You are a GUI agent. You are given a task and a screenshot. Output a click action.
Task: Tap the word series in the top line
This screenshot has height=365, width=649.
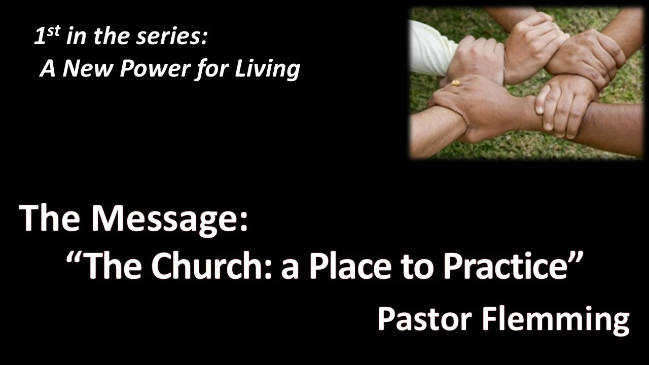[x=169, y=37]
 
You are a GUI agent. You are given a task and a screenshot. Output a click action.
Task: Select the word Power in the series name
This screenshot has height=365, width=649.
[x=155, y=69]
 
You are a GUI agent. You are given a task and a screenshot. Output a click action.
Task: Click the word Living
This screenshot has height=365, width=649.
[x=267, y=69]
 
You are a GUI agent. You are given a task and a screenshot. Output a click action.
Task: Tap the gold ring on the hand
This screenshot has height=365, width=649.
[x=455, y=83]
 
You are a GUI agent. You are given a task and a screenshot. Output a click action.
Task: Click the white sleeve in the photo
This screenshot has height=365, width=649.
[x=429, y=49]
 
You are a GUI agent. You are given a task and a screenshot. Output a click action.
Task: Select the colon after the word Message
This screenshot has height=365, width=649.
[x=244, y=223]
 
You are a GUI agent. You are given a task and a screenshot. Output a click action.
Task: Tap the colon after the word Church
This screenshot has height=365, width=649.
[x=268, y=270]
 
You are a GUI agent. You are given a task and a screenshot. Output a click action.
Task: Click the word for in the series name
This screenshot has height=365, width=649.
[x=211, y=69]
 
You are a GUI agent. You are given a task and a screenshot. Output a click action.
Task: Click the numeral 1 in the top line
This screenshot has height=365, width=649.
[x=40, y=36]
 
